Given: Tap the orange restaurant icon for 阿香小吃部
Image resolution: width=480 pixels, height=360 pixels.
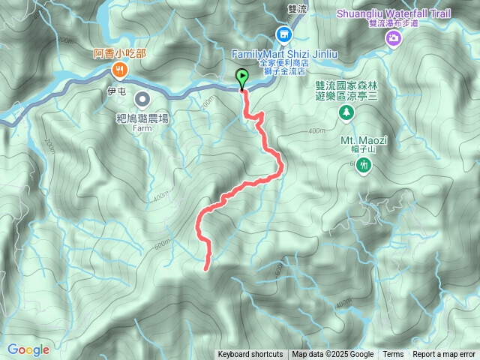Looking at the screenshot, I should (121, 70).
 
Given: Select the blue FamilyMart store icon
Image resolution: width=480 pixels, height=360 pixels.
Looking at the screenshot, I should (284, 34).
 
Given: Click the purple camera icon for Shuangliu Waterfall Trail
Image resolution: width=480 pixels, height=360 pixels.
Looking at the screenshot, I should (394, 37).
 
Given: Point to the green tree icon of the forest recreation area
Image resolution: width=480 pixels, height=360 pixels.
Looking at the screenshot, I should (346, 112).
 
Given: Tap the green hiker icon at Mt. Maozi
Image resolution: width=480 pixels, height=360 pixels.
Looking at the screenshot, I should (364, 164).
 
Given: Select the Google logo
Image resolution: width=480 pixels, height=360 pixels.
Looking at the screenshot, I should (28, 349).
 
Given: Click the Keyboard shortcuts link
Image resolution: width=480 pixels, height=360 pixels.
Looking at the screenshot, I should (250, 355).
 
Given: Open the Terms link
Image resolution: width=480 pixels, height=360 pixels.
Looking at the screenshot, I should (393, 355).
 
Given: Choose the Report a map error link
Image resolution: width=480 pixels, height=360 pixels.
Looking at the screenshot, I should (444, 355).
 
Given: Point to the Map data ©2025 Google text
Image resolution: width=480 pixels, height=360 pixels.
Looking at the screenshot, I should (333, 355).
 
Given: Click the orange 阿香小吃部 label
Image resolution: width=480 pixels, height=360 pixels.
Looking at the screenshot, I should (121, 53).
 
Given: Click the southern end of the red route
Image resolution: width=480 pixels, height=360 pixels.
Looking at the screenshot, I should (206, 267).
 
